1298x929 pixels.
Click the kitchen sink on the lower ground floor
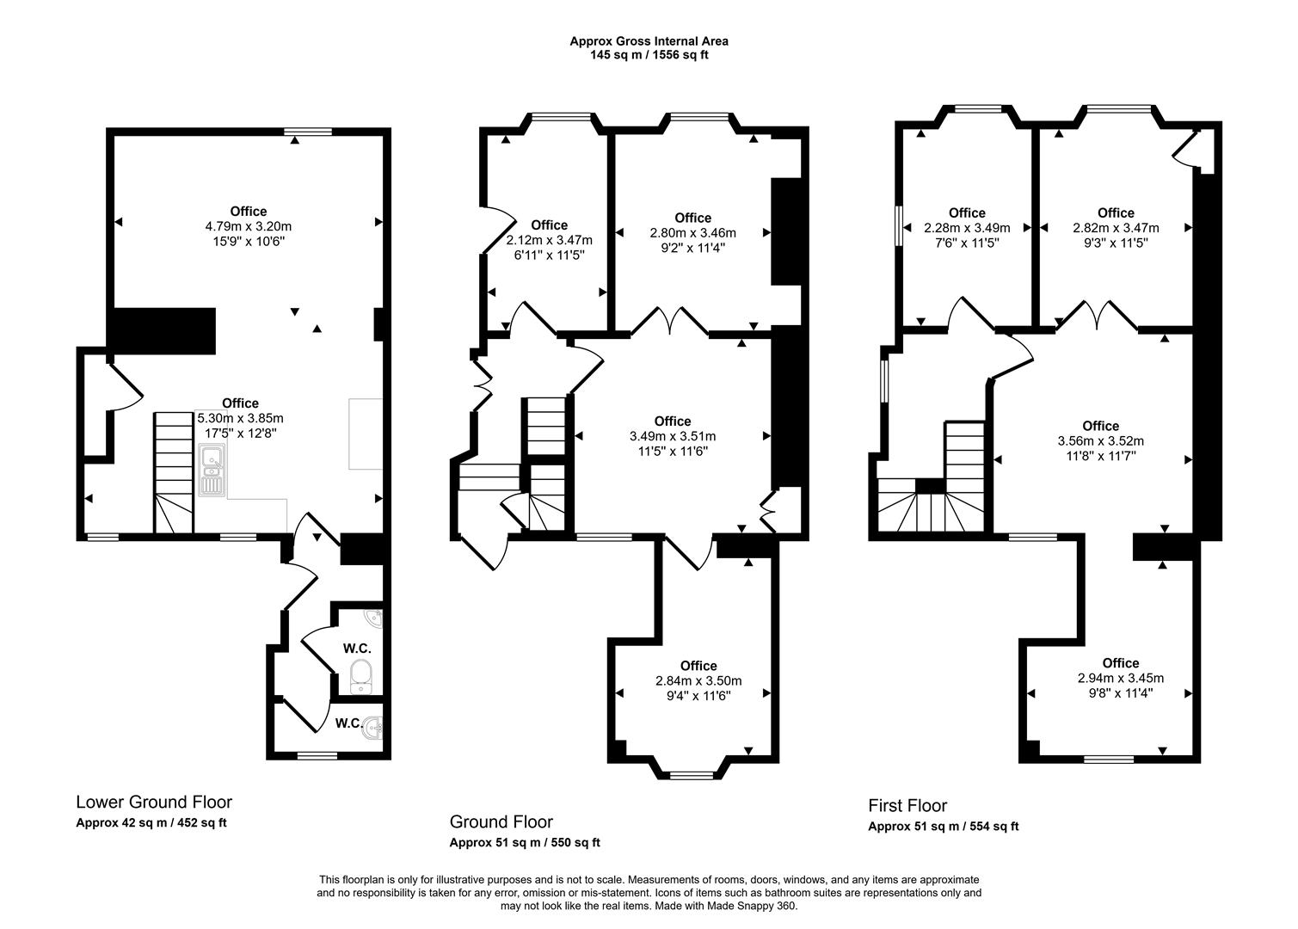[211, 471]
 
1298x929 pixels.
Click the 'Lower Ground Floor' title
[154, 802]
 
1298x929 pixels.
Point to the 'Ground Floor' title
[501, 821]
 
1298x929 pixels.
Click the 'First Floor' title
[907, 805]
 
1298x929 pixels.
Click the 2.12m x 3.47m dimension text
[549, 240]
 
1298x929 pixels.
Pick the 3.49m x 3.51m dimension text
[672, 436]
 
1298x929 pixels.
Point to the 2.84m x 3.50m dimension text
[698, 680]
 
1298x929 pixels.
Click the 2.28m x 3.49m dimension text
[966, 228]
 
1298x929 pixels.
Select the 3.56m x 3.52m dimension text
[1100, 440]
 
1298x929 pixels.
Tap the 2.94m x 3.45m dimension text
[1120, 678]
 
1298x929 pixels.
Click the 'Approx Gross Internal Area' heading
[649, 40]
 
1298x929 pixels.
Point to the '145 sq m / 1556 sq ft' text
[649, 55]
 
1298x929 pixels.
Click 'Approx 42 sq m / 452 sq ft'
[151, 822]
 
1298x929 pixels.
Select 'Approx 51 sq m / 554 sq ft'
[943, 827]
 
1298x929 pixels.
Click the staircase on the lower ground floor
[174, 473]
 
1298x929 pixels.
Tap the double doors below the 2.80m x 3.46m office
[670, 321]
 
